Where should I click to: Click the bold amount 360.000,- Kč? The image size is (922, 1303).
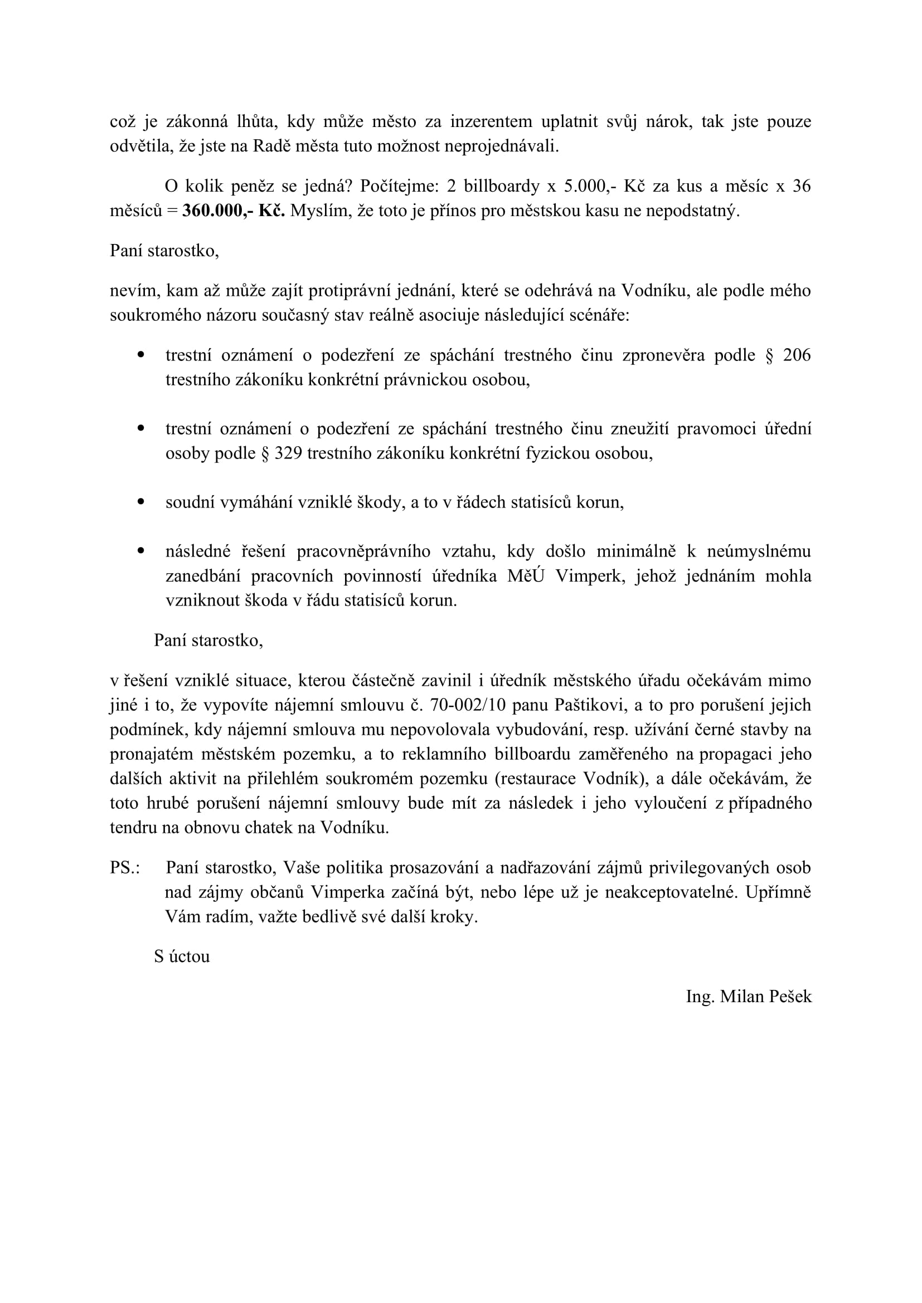point(234,211)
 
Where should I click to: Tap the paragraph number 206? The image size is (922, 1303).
point(797,355)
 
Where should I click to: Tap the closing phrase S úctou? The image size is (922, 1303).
point(182,957)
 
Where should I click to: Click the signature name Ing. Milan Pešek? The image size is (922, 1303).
point(749,997)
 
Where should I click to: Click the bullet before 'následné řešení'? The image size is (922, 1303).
point(141,550)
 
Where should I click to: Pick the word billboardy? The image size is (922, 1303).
point(501,186)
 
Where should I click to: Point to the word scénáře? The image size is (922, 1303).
point(596,315)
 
